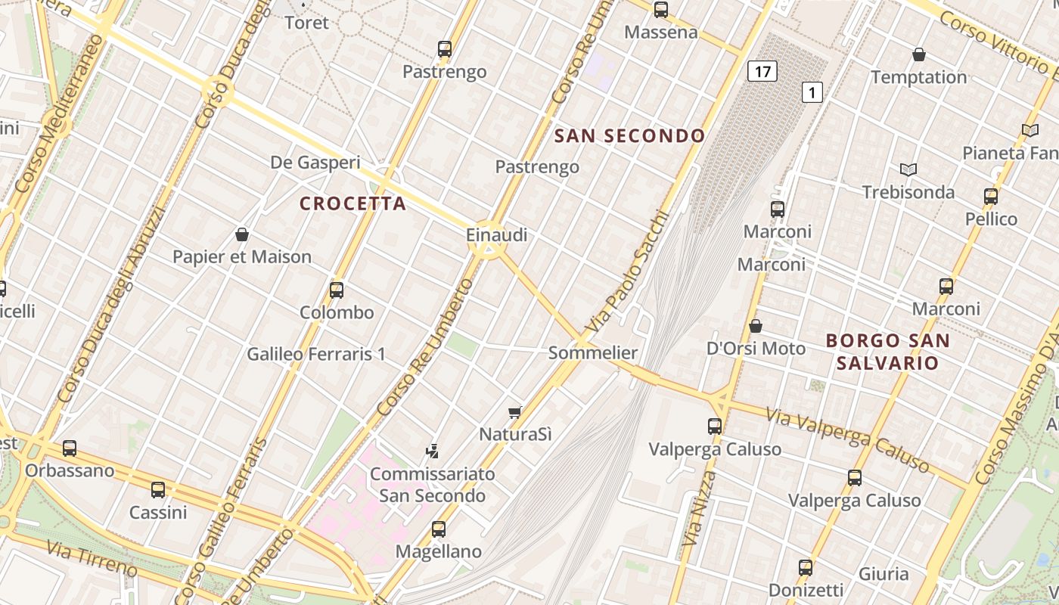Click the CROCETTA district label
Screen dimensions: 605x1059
point(353,203)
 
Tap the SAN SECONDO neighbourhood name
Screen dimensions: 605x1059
point(630,136)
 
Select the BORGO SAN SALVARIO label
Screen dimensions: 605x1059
point(887,352)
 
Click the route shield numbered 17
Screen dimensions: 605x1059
point(762,72)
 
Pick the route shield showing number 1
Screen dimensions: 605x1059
point(812,93)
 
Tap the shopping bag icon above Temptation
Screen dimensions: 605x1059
point(919,54)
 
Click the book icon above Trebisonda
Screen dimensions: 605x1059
point(908,170)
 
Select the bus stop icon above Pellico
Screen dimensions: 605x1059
point(991,197)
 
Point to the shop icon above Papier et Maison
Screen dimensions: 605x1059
point(242,234)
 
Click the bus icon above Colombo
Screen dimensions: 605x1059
point(337,290)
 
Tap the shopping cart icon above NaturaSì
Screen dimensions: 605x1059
point(515,412)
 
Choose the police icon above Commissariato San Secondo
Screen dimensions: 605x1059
point(432,451)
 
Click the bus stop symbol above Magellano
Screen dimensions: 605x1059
point(439,529)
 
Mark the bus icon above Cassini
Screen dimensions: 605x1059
point(158,490)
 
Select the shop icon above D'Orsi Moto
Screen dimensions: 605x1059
point(755,326)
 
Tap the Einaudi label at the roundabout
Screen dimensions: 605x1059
point(496,235)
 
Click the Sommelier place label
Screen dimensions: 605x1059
point(593,352)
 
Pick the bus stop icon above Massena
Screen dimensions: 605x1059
point(661,10)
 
